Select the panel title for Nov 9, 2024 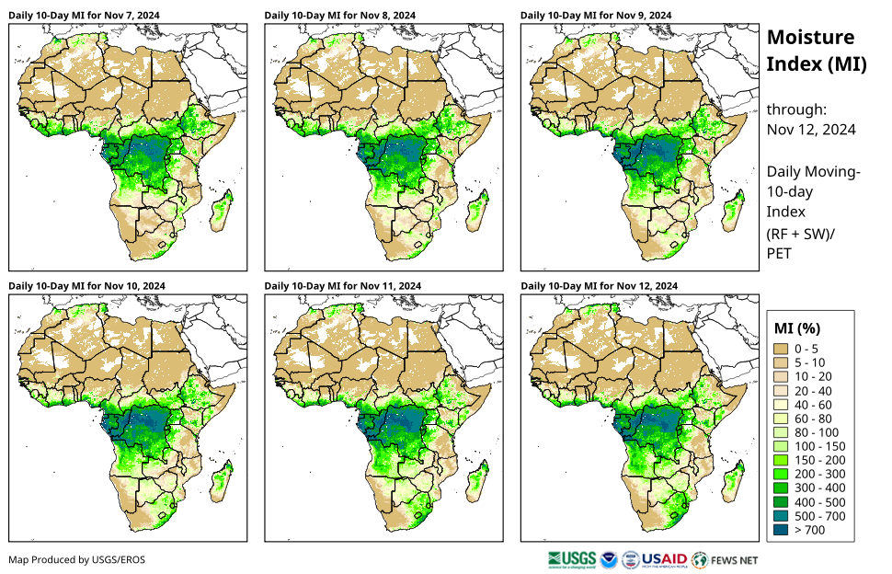[x=596, y=16]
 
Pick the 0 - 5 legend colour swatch [x=783, y=349]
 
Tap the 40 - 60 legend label [x=812, y=405]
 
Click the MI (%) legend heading [x=796, y=327]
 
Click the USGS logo [x=570, y=558]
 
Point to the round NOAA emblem [x=609, y=558]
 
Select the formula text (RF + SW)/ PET [x=800, y=243]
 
